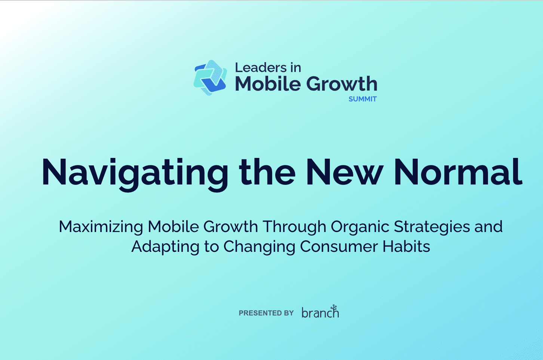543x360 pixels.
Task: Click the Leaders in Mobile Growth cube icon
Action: (210, 77)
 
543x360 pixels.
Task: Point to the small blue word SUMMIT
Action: (362, 99)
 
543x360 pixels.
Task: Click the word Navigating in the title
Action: (135, 173)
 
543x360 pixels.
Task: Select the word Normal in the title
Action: (458, 173)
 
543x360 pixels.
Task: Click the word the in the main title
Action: (267, 173)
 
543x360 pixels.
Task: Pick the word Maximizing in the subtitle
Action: (101, 227)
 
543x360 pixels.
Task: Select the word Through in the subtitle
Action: (294, 227)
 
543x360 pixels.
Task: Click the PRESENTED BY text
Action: (266, 313)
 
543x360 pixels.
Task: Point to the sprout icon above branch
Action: (334, 308)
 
